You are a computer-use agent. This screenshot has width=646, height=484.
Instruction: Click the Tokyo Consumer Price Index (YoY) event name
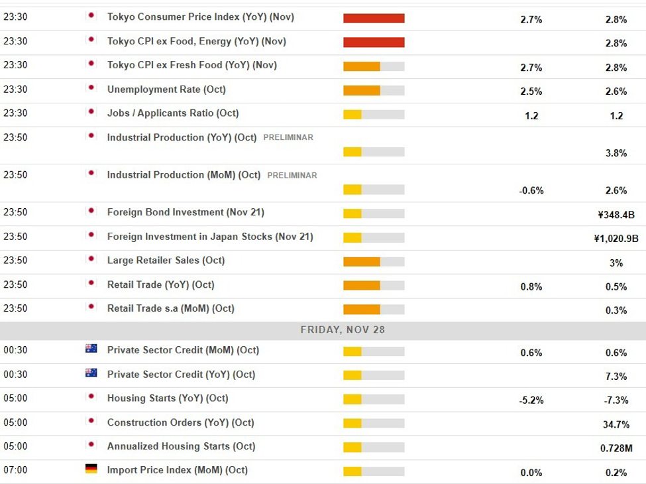point(200,17)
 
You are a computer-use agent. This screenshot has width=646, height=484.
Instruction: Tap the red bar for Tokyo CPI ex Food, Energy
point(374,42)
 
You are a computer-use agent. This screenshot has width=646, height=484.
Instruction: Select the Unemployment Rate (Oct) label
point(166,90)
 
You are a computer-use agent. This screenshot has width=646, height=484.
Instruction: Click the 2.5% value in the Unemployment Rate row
point(531,91)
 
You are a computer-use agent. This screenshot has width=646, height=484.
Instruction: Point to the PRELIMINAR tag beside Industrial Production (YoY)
point(288,138)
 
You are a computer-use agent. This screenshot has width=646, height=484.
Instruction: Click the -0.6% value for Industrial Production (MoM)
point(531,191)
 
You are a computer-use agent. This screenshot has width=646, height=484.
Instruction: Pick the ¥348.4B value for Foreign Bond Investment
point(616,215)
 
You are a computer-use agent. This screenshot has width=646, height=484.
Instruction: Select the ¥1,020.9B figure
point(616,239)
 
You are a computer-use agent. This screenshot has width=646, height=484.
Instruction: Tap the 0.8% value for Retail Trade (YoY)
point(531,287)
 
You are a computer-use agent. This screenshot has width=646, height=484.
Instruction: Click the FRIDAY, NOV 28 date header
point(343,330)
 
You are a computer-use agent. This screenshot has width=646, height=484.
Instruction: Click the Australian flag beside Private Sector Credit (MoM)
point(91,349)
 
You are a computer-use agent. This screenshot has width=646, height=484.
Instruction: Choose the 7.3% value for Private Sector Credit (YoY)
point(616,377)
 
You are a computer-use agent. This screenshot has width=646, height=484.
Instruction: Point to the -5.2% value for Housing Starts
point(531,400)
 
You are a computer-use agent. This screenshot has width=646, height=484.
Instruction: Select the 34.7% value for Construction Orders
point(616,424)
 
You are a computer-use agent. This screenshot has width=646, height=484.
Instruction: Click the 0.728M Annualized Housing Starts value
point(616,448)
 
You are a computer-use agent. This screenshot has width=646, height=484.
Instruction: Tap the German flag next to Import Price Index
point(91,469)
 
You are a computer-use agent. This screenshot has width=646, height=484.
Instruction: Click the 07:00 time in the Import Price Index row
point(15,470)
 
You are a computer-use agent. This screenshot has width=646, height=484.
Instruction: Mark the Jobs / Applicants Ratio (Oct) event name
point(173,113)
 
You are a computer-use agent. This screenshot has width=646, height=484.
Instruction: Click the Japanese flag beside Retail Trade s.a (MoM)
point(91,307)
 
